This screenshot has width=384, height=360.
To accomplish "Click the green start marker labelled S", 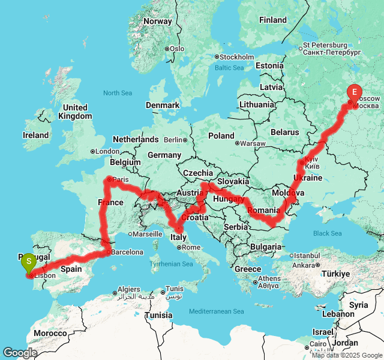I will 28,262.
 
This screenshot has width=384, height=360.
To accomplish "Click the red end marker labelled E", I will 354,92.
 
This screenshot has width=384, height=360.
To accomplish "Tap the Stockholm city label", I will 238,57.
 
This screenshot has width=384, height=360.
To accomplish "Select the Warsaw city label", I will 253,143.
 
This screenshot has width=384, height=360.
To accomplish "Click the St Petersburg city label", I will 325,45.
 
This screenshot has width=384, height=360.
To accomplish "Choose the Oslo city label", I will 176,49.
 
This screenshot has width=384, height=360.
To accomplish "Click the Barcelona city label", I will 127,252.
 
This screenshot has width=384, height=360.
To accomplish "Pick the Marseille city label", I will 148,234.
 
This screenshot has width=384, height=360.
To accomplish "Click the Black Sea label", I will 327,233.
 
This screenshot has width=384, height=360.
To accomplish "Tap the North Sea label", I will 118,93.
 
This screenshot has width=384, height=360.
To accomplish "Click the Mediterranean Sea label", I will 217,311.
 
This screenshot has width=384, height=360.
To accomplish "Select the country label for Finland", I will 272,20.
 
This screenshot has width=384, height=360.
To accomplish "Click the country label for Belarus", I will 284,132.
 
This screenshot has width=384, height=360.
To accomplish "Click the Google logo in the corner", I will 20,353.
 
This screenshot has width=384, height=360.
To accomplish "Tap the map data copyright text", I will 347,355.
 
